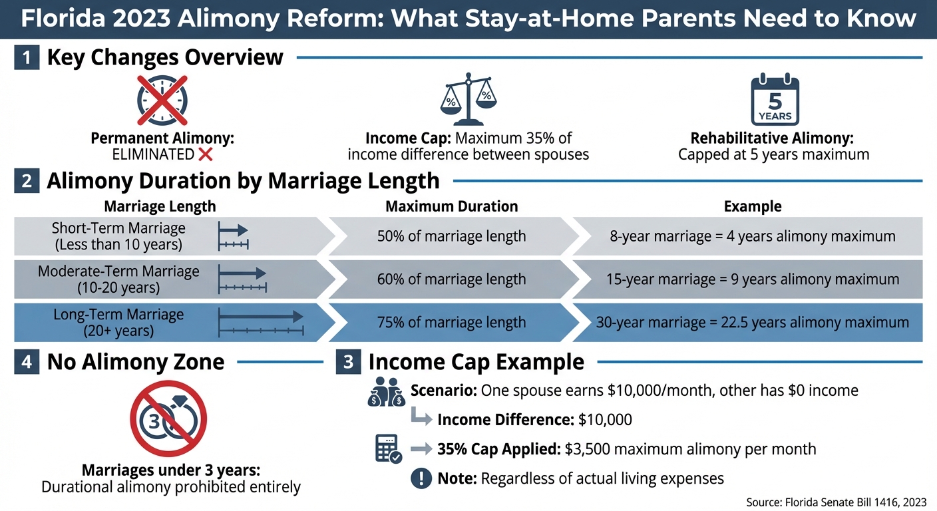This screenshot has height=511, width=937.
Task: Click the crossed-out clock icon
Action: tap(162, 100)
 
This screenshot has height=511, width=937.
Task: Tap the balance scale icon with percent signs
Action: tap(468, 100)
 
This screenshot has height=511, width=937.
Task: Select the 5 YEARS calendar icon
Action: tap(775, 101)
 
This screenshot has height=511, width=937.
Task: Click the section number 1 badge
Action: tap(27, 58)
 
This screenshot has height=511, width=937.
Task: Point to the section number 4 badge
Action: tap(27, 362)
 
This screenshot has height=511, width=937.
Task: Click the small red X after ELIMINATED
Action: tap(206, 155)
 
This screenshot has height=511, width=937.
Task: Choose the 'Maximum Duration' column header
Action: tap(451, 206)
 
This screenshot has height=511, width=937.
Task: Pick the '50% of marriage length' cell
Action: tap(451, 236)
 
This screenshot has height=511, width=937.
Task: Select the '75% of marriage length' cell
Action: tap(451, 323)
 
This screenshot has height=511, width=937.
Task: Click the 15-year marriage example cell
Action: tap(752, 279)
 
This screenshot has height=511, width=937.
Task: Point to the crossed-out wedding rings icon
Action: tap(168, 419)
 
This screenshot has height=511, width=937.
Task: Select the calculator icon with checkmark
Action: tap(388, 448)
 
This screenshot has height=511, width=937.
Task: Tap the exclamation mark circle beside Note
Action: tap(421, 478)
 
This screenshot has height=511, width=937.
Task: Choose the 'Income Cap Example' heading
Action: tap(476, 362)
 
